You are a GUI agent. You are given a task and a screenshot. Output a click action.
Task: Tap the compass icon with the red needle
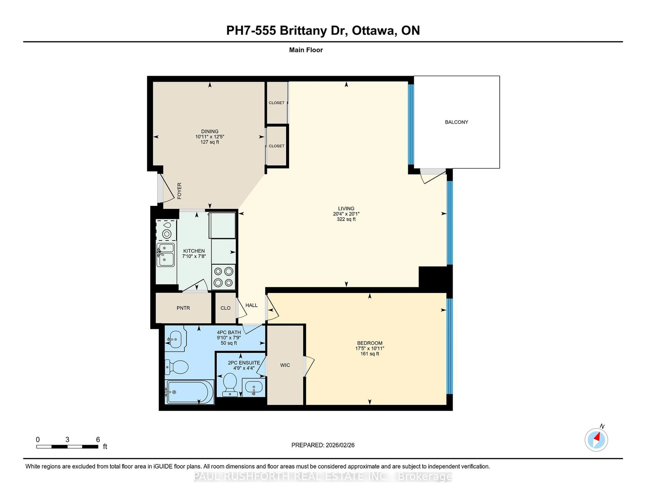596,440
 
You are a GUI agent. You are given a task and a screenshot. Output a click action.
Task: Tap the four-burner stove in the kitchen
223,277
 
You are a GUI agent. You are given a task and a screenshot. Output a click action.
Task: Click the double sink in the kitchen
165,255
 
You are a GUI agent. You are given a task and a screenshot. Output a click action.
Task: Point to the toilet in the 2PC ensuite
230,384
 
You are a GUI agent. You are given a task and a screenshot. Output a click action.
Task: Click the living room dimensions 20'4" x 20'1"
346,214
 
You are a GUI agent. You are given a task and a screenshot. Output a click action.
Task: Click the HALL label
252,305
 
